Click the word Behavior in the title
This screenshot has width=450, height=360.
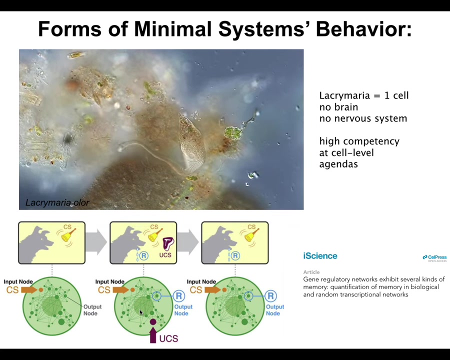(x=363, y=29)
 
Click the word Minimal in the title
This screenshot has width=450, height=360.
(x=172, y=29)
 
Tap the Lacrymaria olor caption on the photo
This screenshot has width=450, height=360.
(x=57, y=202)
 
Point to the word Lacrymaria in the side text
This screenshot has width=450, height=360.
(x=343, y=95)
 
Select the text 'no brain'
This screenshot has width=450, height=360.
(x=338, y=107)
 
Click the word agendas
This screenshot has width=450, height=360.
(x=338, y=164)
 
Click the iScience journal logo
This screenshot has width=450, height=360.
(x=320, y=256)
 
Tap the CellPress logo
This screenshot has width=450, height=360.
(x=434, y=258)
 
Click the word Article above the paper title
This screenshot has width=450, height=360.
(x=311, y=272)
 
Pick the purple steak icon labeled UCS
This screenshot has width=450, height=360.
(x=168, y=243)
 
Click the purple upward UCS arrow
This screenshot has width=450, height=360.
(x=153, y=335)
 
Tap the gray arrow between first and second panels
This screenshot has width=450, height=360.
(x=96, y=242)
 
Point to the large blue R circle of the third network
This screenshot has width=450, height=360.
(x=270, y=295)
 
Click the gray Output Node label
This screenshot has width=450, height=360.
(x=92, y=310)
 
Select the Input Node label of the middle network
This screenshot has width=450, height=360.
(x=109, y=281)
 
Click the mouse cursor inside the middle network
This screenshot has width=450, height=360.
(x=141, y=312)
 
